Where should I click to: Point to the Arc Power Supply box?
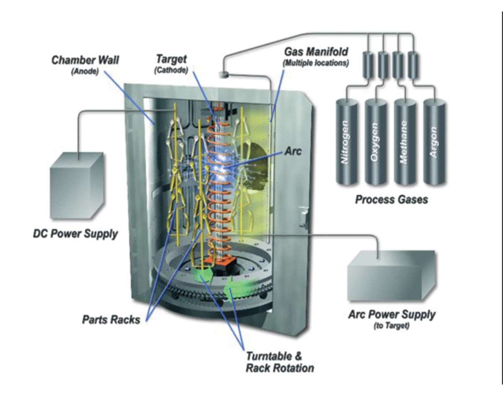tap(392, 276)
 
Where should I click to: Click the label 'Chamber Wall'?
tap(85, 60)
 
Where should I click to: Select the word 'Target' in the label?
tap(171, 59)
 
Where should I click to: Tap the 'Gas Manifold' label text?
tap(316, 52)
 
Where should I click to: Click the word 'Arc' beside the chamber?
tap(293, 151)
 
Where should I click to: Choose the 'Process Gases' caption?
tap(392, 200)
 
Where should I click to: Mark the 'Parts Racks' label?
tap(111, 320)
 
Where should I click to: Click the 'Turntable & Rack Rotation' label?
tap(280, 362)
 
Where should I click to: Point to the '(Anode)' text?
tap(85, 71)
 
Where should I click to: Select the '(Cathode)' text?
tap(171, 70)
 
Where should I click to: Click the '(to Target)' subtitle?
tap(392, 326)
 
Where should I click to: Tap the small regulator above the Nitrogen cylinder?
tap(368, 65)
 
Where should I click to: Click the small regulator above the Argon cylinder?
tap(413, 65)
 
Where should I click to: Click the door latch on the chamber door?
tap(305, 217)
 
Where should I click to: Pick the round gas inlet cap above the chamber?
tap(224, 75)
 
